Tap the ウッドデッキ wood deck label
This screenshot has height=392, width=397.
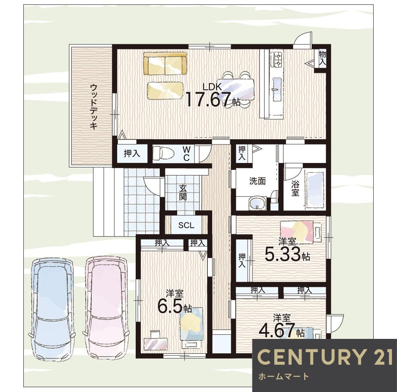point(93,106)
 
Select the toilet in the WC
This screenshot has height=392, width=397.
point(163,153)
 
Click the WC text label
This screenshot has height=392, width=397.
point(186,154)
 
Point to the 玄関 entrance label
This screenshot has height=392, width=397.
point(183,192)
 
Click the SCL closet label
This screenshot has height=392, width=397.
point(186,225)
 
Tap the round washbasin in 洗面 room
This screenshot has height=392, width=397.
point(255,204)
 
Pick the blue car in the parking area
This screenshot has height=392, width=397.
point(52,308)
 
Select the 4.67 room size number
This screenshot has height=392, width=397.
point(277,331)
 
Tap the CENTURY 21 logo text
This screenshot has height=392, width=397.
point(325,357)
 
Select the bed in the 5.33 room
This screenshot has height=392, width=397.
point(297,232)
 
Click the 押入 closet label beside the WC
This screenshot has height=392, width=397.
point(131,153)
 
